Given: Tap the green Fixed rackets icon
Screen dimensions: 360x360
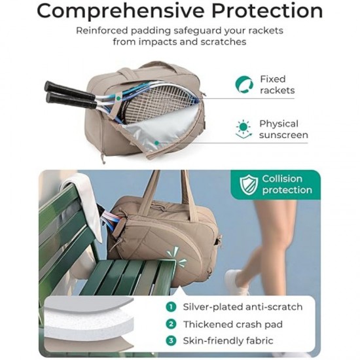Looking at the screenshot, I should pos(245,84).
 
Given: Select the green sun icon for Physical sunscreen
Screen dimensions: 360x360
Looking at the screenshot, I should pos(244,129).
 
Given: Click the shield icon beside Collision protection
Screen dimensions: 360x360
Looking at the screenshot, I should pos(247,185).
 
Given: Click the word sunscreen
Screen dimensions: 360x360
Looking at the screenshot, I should pos(283,135).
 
